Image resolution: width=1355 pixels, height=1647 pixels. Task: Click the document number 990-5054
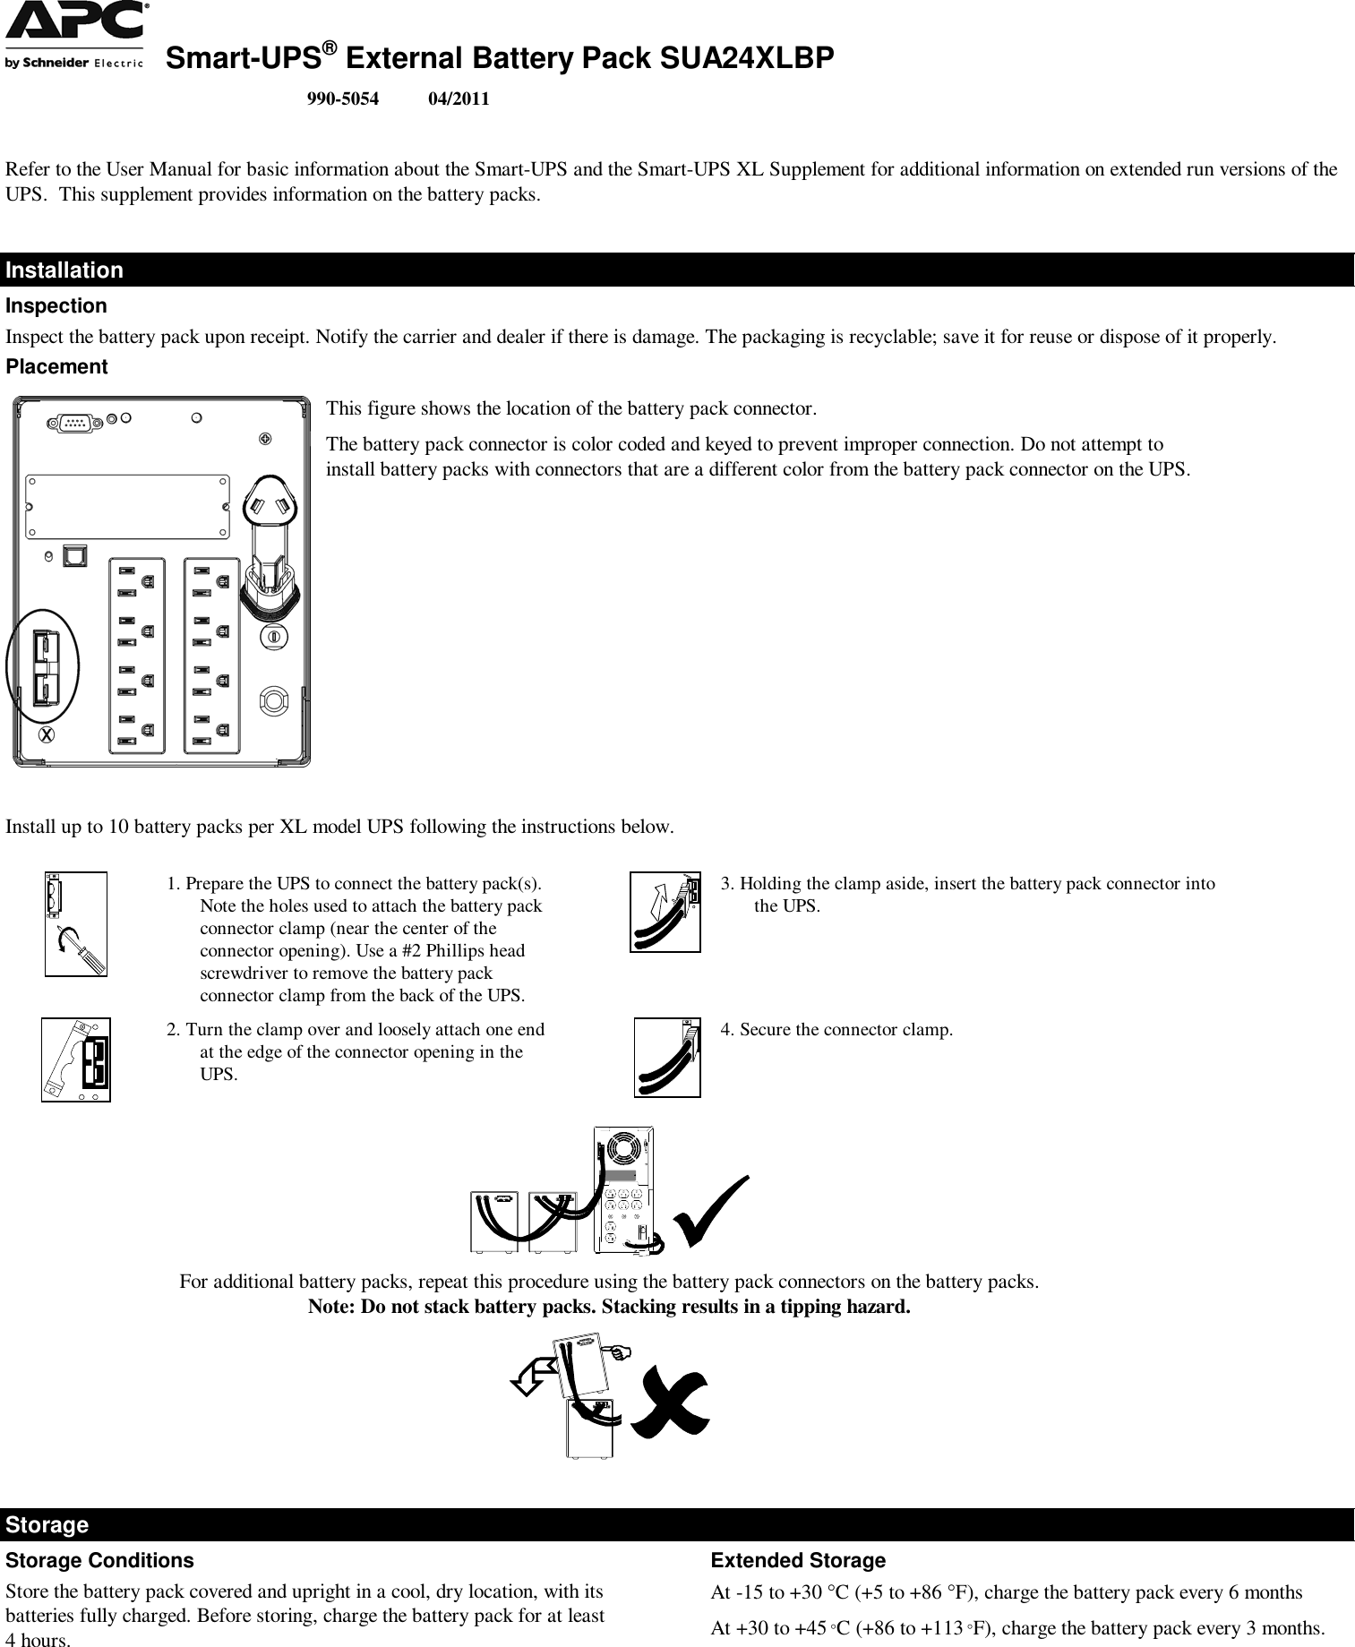(x=342, y=99)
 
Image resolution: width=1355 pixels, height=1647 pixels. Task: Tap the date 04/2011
(x=459, y=99)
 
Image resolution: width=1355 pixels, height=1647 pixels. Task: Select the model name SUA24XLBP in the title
(x=746, y=58)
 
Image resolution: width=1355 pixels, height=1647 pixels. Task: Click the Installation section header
(x=64, y=270)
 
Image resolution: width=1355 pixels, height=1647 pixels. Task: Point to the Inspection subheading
(x=56, y=306)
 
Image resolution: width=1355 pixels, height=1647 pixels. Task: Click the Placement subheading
(x=56, y=367)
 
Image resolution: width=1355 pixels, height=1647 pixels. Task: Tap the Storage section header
(x=47, y=1524)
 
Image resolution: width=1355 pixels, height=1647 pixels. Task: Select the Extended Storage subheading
(x=797, y=1561)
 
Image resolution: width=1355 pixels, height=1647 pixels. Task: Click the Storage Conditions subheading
(x=99, y=1561)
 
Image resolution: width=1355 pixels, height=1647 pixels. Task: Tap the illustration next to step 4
(x=667, y=1057)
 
